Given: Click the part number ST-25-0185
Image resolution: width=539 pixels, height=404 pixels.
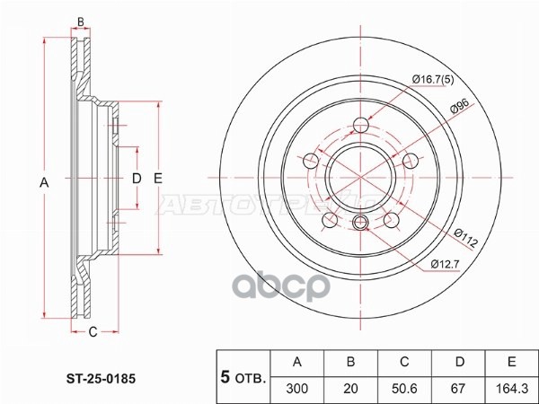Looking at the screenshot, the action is pyautogui.click(x=101, y=379).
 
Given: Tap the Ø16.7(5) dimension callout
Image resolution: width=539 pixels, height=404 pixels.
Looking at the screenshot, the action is pyautogui.click(x=433, y=80).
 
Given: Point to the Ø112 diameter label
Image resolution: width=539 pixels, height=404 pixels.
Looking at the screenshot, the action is pyautogui.click(x=465, y=238).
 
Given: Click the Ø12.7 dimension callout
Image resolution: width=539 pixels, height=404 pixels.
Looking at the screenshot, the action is pyautogui.click(x=446, y=264).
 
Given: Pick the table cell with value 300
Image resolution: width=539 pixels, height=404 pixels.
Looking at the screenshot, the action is pyautogui.click(x=297, y=389).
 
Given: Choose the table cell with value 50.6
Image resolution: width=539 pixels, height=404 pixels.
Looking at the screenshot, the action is pyautogui.click(x=404, y=389).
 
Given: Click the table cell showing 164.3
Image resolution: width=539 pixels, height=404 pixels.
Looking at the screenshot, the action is pyautogui.click(x=511, y=389).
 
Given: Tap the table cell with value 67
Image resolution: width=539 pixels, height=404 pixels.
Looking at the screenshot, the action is pyautogui.click(x=458, y=389).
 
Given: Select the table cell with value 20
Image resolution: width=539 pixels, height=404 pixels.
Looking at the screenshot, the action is pyautogui.click(x=350, y=389).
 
